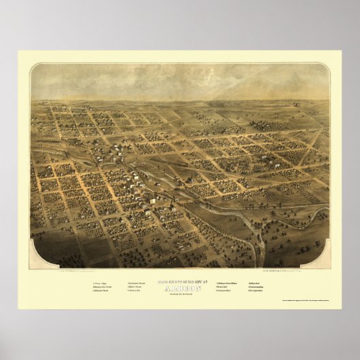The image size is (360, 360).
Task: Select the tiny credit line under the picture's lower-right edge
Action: (x=292, y=270)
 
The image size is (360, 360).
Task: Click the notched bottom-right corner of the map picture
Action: (x=329, y=266)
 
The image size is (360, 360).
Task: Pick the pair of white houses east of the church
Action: (x=237, y=165)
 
